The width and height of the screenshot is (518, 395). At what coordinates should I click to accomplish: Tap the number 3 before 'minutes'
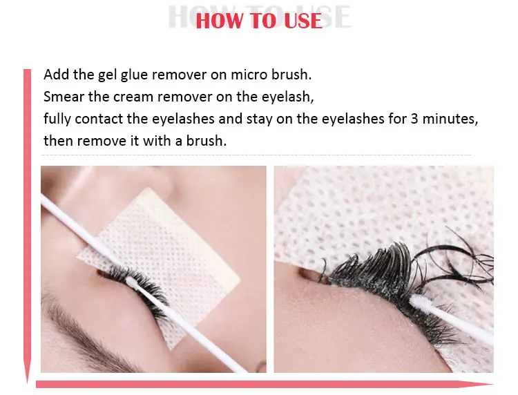tap(414, 119)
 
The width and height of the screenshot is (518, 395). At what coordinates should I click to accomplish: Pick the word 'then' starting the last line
tap(58, 141)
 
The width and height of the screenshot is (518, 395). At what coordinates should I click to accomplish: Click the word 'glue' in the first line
tap(134, 75)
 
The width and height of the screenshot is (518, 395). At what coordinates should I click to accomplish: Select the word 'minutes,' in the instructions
tap(450, 119)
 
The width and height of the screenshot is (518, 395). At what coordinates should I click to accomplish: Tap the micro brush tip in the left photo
tap(131, 281)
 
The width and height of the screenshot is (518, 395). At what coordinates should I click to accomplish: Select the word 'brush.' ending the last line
tap(207, 141)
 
